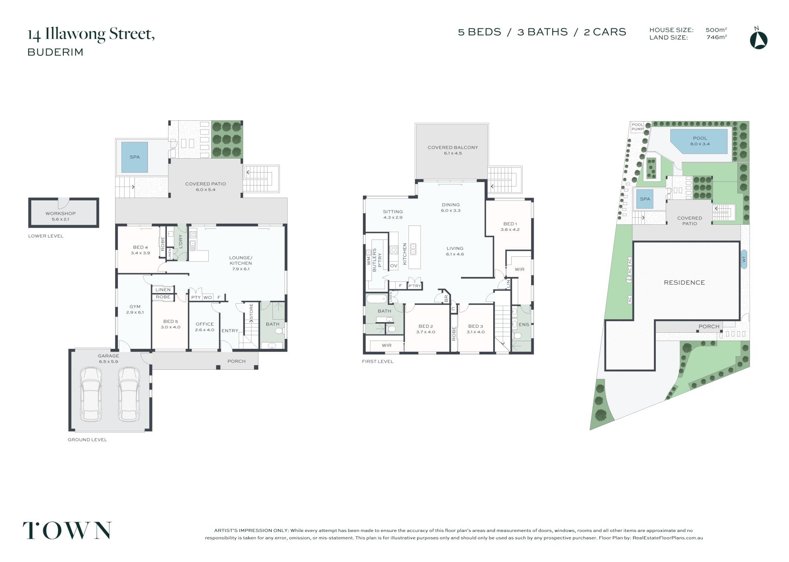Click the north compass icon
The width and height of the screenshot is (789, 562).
(759, 39)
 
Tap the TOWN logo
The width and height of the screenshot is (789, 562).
(67, 530)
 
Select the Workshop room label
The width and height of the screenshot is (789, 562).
(60, 216)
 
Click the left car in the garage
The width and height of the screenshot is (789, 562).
(91, 394)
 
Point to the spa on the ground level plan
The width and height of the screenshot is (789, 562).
(134, 157)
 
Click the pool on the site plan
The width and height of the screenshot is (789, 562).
(700, 141)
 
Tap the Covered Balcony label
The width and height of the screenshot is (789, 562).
(453, 150)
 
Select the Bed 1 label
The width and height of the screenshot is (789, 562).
(510, 227)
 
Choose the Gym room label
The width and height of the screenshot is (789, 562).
(135, 309)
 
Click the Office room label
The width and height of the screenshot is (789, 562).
(205, 327)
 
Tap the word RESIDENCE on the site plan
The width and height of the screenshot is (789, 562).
(684, 283)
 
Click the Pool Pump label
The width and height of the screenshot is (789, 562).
(637, 127)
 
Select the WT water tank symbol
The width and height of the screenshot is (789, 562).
(743, 259)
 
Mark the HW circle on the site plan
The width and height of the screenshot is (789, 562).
(629, 280)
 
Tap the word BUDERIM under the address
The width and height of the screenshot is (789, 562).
(55, 52)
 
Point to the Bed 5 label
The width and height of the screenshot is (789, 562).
(171, 324)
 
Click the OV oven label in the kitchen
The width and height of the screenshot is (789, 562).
(394, 266)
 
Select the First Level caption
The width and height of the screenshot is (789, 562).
(378, 362)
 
